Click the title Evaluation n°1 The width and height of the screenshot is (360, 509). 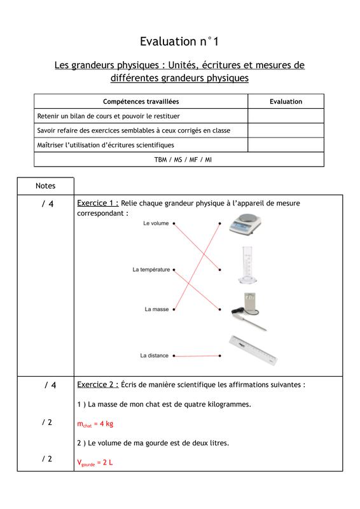click(x=179, y=41)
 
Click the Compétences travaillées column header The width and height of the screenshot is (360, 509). click(x=141, y=102)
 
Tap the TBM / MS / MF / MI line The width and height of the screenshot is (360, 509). click(x=183, y=160)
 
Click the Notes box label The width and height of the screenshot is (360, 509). click(x=45, y=186)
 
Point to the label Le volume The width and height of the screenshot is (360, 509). click(x=156, y=223)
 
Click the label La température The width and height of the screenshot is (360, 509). click(x=151, y=269)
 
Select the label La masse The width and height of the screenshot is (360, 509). click(x=156, y=309)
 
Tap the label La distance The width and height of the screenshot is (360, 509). click(x=154, y=356)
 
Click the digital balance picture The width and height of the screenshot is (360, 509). click(x=245, y=224)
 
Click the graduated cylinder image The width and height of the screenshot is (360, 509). click(x=247, y=265)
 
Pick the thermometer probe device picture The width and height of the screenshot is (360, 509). click(x=249, y=312)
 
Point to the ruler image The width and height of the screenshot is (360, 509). click(x=253, y=351)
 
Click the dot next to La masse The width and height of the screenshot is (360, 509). click(x=174, y=309)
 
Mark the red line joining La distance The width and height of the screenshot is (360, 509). click(x=197, y=356)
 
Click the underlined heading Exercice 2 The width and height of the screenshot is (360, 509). click(x=98, y=385)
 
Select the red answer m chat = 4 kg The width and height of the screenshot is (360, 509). click(x=95, y=424)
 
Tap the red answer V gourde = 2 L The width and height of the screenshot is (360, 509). click(x=95, y=463)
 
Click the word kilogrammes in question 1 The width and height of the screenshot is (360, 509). click(x=229, y=405)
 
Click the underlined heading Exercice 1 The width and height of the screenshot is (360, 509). click(x=98, y=203)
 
